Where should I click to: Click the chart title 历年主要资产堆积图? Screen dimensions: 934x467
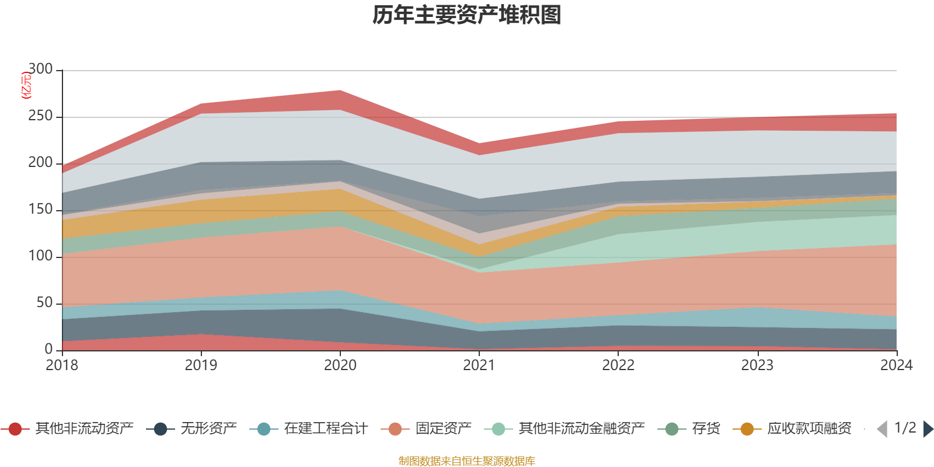click(466, 15)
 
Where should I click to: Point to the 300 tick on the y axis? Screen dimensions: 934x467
click(40, 69)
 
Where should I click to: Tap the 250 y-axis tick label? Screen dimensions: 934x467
click(40, 116)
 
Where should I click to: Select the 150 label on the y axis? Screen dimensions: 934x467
click(40, 209)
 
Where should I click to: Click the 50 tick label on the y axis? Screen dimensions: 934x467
click(44, 302)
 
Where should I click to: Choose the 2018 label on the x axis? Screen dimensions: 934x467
click(62, 365)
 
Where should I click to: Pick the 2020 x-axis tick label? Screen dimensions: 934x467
click(340, 365)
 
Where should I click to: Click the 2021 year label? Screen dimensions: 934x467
click(479, 365)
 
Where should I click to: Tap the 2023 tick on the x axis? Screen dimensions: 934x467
click(757, 365)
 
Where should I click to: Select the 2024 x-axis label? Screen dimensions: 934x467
click(897, 365)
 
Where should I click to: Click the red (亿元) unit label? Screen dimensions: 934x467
click(26, 85)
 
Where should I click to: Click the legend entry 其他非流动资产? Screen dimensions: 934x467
click(67, 428)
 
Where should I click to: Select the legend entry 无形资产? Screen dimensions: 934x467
click(191, 428)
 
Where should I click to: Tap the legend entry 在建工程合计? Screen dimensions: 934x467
click(309, 428)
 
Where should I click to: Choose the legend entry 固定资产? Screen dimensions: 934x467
click(426, 428)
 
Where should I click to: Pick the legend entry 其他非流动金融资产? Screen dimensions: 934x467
click(564, 428)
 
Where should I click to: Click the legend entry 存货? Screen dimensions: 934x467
click(689, 428)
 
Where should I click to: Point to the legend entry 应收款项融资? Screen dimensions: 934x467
click(792, 428)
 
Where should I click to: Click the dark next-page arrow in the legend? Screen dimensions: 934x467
click(928, 428)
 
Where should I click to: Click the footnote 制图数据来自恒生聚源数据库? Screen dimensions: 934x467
click(466, 461)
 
